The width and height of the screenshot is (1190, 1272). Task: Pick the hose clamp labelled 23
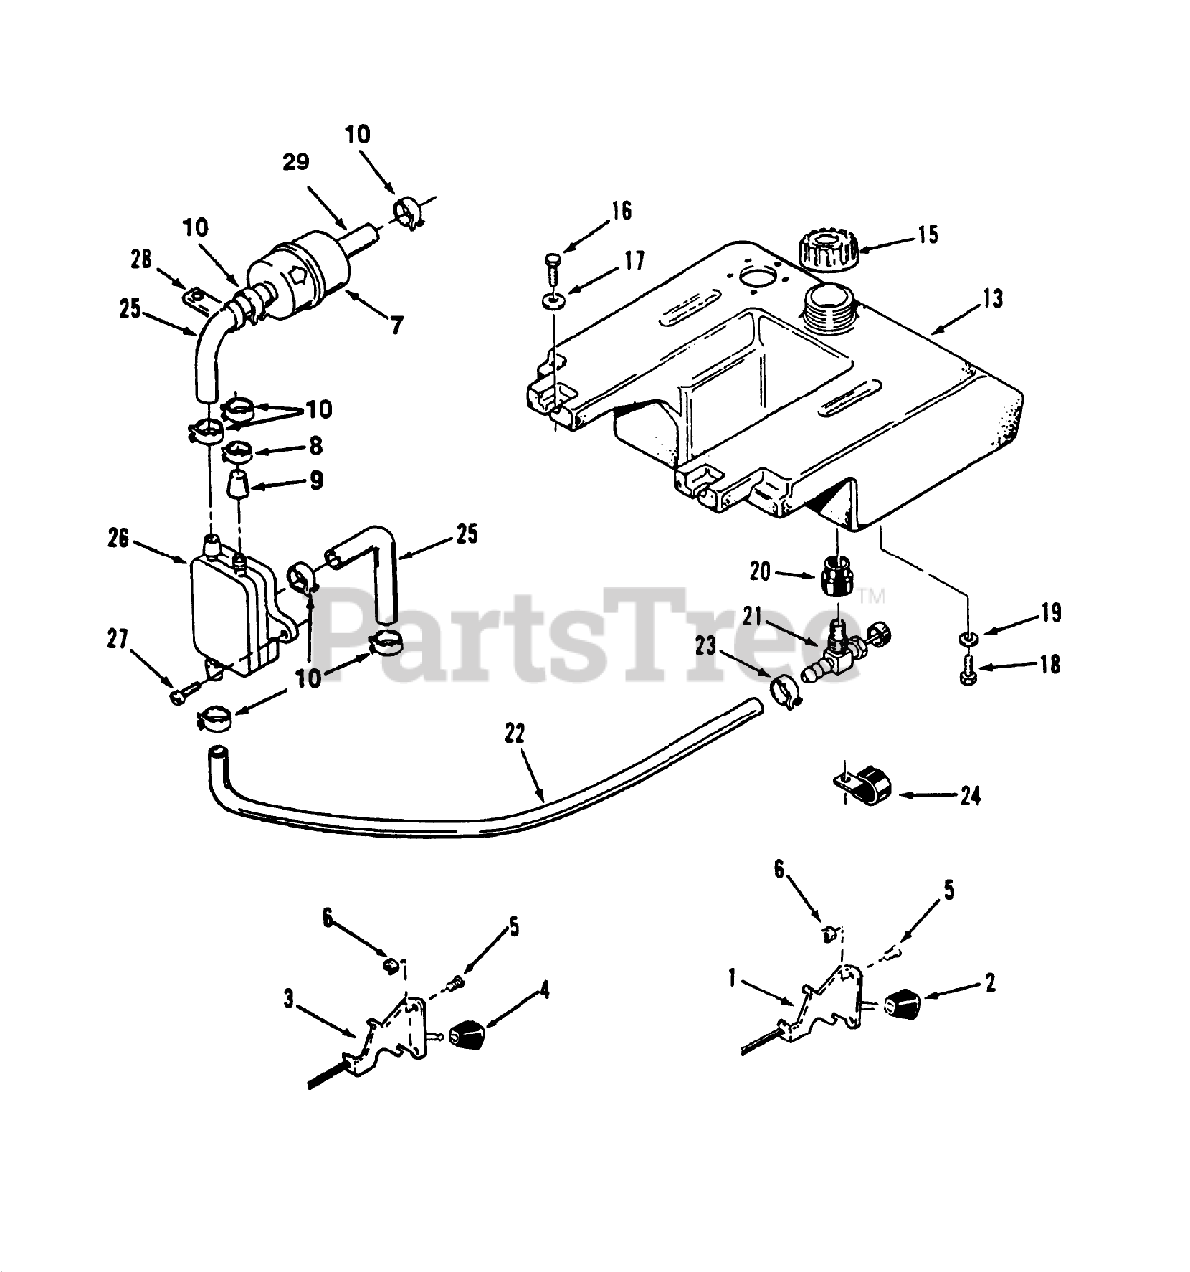(x=785, y=688)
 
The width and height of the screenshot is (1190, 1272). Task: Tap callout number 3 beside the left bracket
(x=289, y=999)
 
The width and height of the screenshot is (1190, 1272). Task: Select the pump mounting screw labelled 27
(x=180, y=696)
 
